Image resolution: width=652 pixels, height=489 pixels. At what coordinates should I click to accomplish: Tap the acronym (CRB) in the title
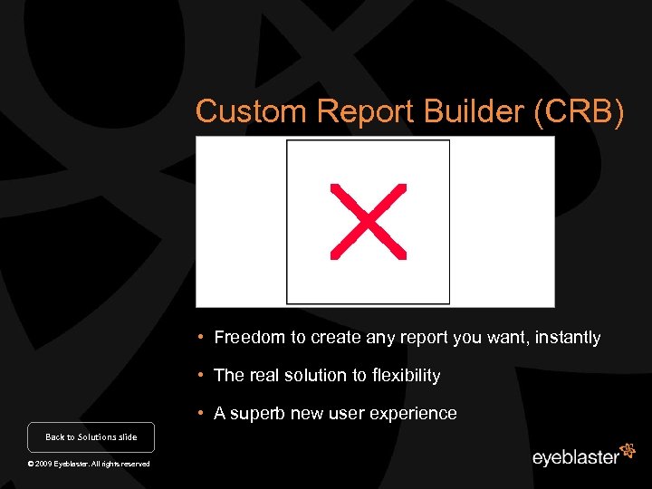pos(580,111)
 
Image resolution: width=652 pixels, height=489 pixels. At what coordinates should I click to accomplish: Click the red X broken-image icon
pos(368,222)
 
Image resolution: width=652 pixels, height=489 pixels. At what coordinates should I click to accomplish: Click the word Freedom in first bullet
pos(250,338)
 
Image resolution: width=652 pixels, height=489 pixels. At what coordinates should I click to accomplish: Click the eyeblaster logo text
pos(575,457)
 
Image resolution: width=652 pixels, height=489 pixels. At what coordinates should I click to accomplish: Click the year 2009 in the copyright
pos(44,464)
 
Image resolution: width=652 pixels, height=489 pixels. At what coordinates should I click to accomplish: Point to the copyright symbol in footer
pos(31,464)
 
